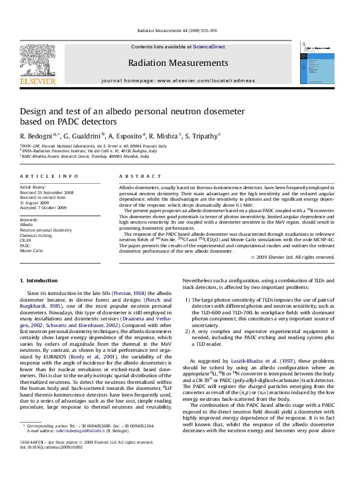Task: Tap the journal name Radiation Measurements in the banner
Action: tap(178, 63)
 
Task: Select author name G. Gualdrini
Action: tap(82, 135)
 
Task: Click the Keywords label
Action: tap(29, 219)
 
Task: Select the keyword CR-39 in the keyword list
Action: tap(26, 240)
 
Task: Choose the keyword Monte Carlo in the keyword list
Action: tap(30, 250)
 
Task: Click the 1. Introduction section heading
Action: tap(39, 281)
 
